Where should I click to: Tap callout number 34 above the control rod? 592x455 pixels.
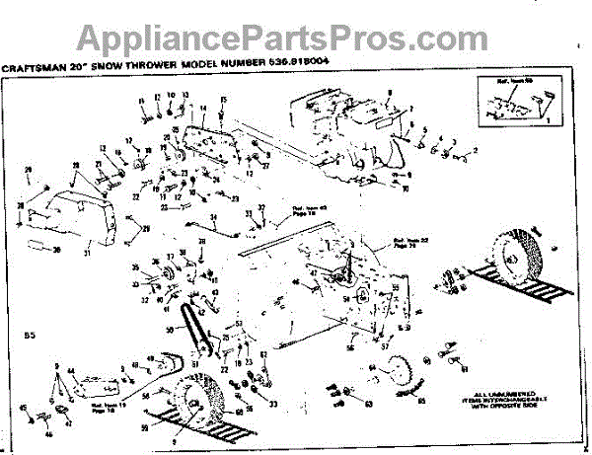[x=212, y=215]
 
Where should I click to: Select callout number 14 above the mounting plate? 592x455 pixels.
[x=202, y=108]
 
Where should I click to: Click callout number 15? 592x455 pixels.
[x=224, y=100]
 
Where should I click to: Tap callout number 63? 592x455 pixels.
[x=370, y=403]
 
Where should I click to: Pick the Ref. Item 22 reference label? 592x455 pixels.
[x=407, y=242]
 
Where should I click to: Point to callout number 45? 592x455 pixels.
[x=22, y=408]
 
